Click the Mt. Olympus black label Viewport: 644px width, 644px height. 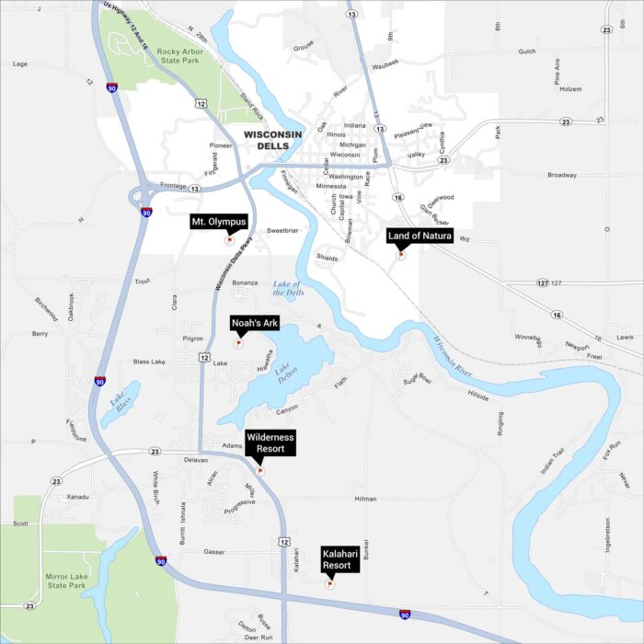pos(219,222)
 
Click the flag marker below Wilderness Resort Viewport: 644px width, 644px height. pos(260,470)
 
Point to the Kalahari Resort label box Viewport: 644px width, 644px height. pos(337,559)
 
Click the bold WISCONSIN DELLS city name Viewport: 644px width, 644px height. pos(272,140)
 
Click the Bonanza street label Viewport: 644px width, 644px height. pos(245,282)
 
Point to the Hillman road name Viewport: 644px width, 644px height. pos(365,498)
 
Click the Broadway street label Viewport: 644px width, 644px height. pos(561,175)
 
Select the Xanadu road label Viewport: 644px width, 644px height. pos(77,497)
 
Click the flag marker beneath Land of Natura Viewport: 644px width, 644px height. pos(400,255)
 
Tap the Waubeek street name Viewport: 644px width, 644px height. pos(385,63)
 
